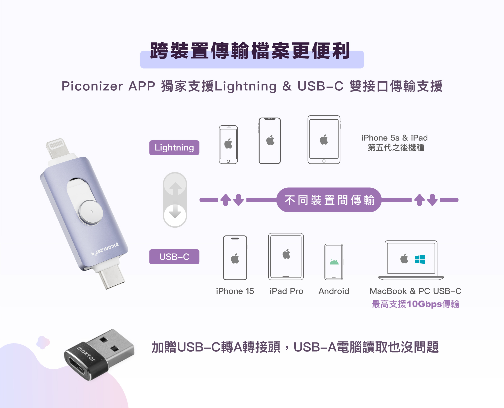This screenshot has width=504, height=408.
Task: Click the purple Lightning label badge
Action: point(174,148)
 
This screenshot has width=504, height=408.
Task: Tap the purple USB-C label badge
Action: point(174,257)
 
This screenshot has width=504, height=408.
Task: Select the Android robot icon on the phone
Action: point(334,262)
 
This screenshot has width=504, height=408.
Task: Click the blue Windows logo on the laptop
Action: point(420,259)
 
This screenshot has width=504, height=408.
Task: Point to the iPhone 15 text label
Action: point(235,291)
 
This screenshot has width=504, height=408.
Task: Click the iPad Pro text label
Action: point(286,291)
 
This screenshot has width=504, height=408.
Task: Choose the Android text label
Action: point(334,291)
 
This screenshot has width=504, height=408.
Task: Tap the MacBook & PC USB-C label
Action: point(415,291)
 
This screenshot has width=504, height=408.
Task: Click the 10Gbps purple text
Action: point(424,304)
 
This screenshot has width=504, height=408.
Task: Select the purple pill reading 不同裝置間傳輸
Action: point(329,200)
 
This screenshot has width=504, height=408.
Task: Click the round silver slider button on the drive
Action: point(91,212)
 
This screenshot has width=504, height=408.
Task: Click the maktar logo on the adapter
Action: point(86,354)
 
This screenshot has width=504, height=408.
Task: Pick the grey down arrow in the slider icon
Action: point(175,212)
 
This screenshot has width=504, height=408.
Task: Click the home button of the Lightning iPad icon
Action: point(324,161)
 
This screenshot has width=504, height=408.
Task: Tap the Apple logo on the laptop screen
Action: point(404,259)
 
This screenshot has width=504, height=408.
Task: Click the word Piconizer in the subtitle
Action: point(92,86)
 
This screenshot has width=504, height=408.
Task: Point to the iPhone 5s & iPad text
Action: point(395,138)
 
